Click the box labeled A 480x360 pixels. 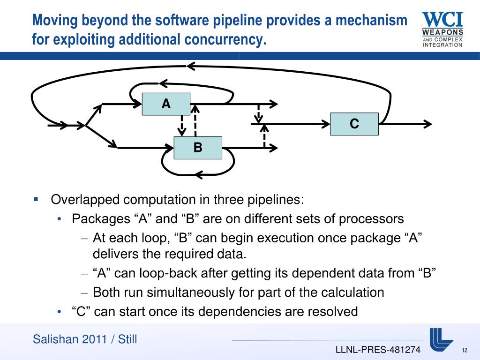pyautogui.click(x=166, y=104)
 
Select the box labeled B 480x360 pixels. pyautogui.click(x=198, y=148)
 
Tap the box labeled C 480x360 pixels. pyautogui.click(x=354, y=124)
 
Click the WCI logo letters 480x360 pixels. pyautogui.click(x=442, y=19)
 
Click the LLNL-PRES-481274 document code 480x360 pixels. pyautogui.click(x=378, y=350)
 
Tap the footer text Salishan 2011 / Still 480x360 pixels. pyautogui.click(x=85, y=339)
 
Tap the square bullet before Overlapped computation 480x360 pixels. pyautogui.click(x=36, y=199)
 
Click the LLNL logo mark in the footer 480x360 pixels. pyautogui.click(x=441, y=338)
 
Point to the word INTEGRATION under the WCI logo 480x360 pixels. pyautogui.click(x=442, y=45)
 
